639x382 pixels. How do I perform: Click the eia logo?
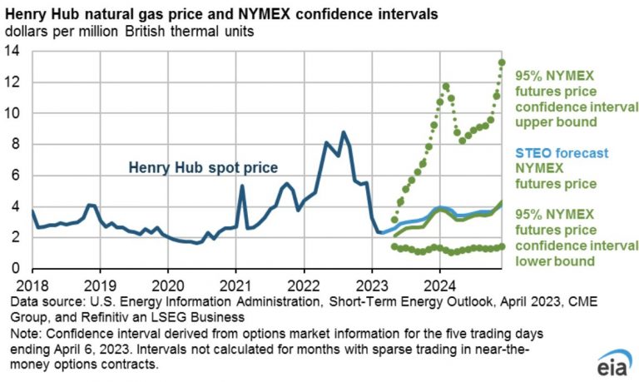(x=615, y=362)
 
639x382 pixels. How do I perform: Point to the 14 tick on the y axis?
(x=12, y=52)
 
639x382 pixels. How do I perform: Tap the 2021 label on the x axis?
(x=235, y=285)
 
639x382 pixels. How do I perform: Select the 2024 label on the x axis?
(x=439, y=285)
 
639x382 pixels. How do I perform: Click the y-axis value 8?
(x=16, y=144)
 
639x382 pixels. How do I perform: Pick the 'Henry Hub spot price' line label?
(x=203, y=167)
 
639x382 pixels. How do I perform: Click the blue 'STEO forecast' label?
(x=562, y=153)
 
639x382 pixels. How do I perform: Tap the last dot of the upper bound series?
(x=502, y=62)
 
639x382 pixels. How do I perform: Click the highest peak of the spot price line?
(x=344, y=132)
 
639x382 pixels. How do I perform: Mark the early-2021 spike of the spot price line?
(x=242, y=186)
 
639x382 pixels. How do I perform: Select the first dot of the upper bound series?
(x=394, y=220)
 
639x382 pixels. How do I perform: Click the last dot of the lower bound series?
(x=502, y=246)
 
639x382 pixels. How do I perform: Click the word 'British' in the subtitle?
(x=146, y=32)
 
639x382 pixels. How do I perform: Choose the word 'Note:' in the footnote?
(x=26, y=334)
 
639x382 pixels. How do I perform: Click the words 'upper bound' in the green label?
(x=556, y=122)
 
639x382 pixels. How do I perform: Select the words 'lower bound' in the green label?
(x=555, y=261)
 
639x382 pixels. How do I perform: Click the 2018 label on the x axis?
(x=32, y=285)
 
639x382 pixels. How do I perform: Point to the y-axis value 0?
(x=16, y=268)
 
